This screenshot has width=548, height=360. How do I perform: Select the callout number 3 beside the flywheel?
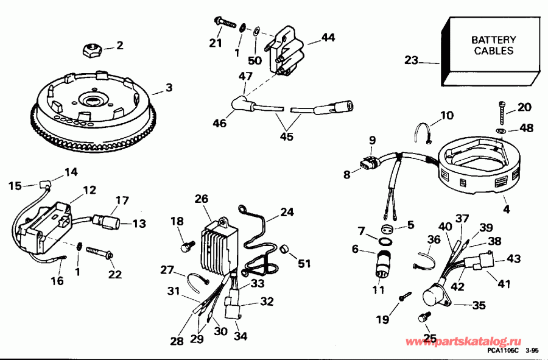point(169,89)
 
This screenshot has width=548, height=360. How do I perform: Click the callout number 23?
point(412,60)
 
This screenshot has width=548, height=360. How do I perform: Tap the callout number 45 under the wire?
point(286,136)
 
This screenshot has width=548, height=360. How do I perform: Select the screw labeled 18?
point(187,247)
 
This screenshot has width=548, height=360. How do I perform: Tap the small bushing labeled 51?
point(284,250)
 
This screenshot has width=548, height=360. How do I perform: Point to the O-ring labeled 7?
point(385,241)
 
